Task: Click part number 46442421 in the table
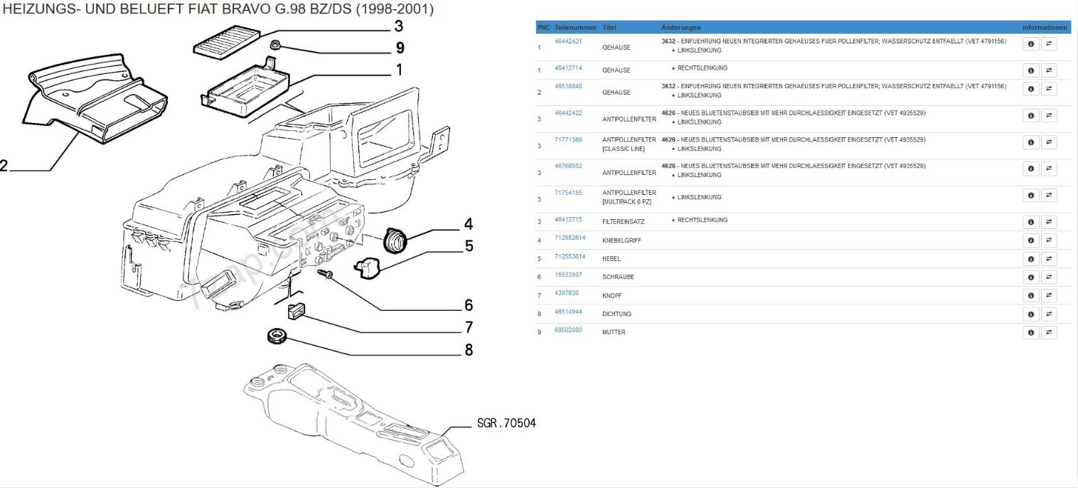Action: click(x=568, y=41)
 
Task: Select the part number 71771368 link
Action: click(x=568, y=140)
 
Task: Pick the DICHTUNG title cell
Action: click(x=617, y=314)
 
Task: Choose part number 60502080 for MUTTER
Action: click(x=568, y=330)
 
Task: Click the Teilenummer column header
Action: click(x=575, y=28)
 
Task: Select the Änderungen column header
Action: click(x=681, y=28)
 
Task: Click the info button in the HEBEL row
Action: click(x=1030, y=259)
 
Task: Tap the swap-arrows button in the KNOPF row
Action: click(x=1049, y=295)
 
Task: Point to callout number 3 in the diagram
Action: click(x=398, y=26)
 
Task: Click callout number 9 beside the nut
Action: click(x=400, y=48)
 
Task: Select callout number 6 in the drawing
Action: click(x=469, y=305)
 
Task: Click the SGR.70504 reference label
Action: click(x=506, y=423)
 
